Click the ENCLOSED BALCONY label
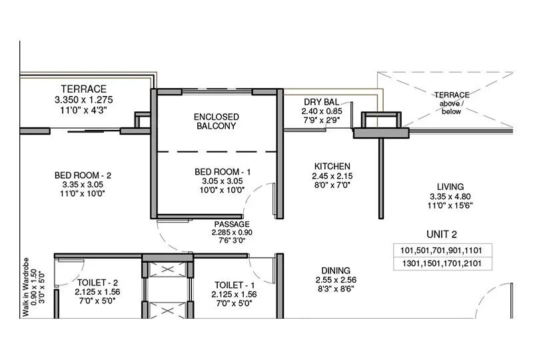(216, 121)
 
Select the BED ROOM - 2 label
(83, 175)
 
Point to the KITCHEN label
(332, 166)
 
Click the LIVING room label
(450, 187)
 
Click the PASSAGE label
(231, 224)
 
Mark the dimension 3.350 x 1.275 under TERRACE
(83, 99)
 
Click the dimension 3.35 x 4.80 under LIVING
(450, 197)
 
